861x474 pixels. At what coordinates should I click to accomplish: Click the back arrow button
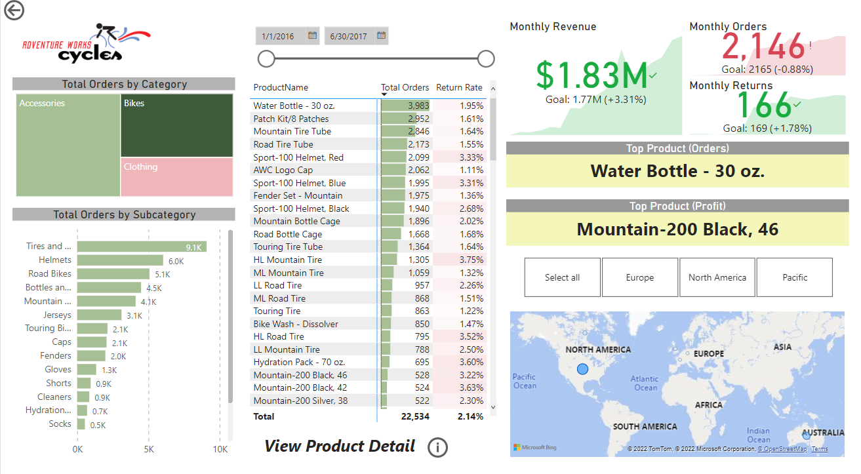tap(13, 10)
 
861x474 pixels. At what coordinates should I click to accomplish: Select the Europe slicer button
tap(639, 277)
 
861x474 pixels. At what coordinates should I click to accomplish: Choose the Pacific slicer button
tap(794, 277)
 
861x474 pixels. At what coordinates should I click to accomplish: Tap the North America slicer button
tap(717, 277)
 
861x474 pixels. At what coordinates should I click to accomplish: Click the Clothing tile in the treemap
tap(176, 176)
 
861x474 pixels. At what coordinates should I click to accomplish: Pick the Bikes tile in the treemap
tap(176, 125)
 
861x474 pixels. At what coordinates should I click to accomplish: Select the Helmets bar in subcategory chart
tap(120, 260)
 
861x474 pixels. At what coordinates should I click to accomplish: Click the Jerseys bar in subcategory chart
tap(99, 315)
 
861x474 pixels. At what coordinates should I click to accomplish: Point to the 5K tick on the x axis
tap(149, 449)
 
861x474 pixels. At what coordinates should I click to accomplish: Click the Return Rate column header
tap(459, 87)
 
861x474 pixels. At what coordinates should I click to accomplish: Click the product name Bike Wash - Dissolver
tap(296, 324)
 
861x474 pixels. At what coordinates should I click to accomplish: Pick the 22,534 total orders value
tap(414, 416)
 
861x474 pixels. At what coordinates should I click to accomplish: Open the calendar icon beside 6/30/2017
tap(381, 36)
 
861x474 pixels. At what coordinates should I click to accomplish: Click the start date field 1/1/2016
tap(278, 36)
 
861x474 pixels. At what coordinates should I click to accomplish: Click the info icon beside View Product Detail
tap(437, 447)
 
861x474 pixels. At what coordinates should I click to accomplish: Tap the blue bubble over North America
tap(582, 370)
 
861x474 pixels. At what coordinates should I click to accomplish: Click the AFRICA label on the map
tap(708, 405)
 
